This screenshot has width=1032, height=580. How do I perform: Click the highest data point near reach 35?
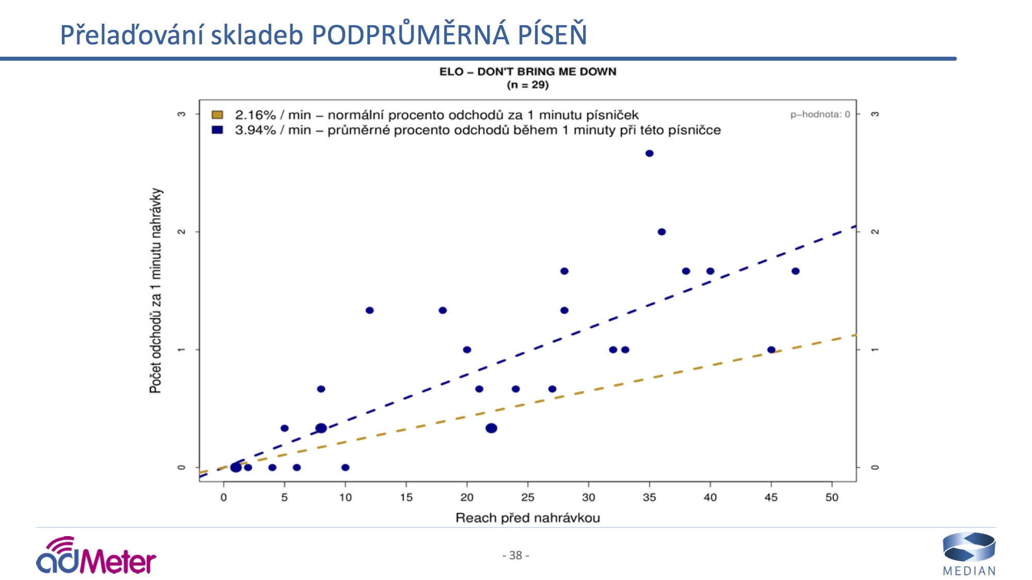click(x=649, y=153)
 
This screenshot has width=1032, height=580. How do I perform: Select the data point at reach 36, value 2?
click(x=662, y=232)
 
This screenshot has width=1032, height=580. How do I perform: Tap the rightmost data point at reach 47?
click(x=795, y=271)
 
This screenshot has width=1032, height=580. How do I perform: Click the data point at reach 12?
click(x=369, y=310)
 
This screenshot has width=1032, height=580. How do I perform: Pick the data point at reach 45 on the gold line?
click(x=771, y=350)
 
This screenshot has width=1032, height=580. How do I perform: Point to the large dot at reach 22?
click(x=491, y=428)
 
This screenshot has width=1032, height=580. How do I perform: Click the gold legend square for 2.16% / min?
click(x=217, y=114)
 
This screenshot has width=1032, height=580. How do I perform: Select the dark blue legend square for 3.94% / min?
click(x=217, y=130)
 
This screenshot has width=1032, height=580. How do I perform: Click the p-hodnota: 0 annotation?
click(x=820, y=114)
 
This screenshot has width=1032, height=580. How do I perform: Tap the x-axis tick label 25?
click(x=527, y=498)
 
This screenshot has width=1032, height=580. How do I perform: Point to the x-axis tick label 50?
click(x=832, y=498)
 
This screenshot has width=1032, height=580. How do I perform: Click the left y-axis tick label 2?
click(x=181, y=232)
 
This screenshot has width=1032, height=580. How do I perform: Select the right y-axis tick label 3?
click(x=875, y=114)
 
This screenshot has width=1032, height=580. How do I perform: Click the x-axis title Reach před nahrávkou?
click(x=527, y=518)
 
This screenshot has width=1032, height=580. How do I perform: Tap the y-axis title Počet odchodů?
click(x=156, y=291)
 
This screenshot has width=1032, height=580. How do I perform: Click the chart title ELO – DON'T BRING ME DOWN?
click(x=527, y=72)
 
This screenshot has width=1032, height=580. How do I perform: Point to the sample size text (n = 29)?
click(x=527, y=85)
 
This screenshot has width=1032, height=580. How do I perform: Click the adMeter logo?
click(x=96, y=557)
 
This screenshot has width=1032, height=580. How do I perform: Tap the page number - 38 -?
click(x=515, y=555)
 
